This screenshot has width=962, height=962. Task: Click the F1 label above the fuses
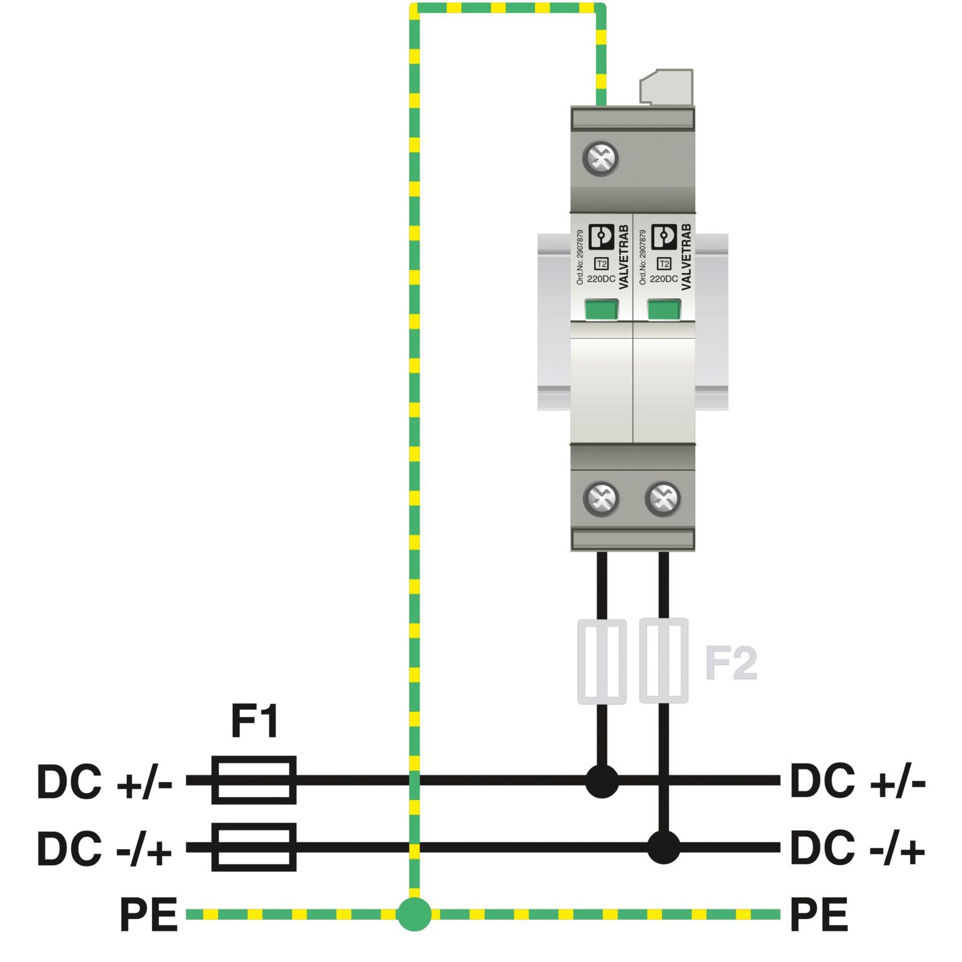click(x=255, y=721)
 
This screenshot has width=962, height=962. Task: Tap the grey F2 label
click(x=730, y=663)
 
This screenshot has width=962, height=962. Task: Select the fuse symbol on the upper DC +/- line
click(x=254, y=780)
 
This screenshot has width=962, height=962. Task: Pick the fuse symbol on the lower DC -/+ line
click(x=254, y=847)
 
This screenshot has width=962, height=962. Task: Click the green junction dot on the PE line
click(x=414, y=914)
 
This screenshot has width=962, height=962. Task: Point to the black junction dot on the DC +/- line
click(x=602, y=781)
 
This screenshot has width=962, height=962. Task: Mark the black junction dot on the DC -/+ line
click(x=663, y=847)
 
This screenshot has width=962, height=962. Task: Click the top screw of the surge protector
click(x=601, y=158)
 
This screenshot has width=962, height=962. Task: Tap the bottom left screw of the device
click(x=602, y=498)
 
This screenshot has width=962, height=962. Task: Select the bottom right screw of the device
click(x=663, y=498)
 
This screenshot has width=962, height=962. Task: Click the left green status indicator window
click(x=601, y=310)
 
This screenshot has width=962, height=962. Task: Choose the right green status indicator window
click(x=663, y=310)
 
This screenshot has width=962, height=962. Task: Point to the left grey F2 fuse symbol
click(x=602, y=661)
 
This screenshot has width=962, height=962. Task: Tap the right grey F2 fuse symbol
click(x=664, y=661)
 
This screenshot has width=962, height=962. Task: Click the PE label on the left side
click(x=148, y=915)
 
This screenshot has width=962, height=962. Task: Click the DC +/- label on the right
click(x=857, y=781)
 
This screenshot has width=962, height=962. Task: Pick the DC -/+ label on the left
click(x=104, y=848)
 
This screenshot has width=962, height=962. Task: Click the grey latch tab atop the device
click(x=667, y=87)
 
